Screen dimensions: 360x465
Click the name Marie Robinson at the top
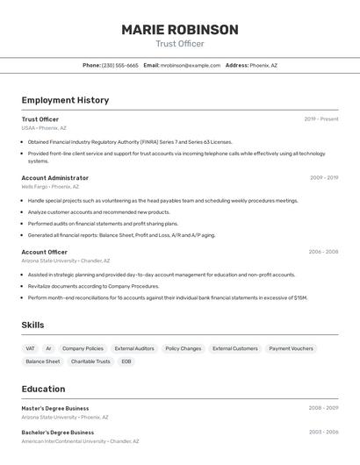pyautogui.click(x=180, y=30)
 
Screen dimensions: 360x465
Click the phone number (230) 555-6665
pyautogui.click(x=120, y=65)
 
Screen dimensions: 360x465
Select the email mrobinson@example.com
pyautogui.click(x=191, y=65)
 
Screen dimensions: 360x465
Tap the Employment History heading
pyautogui.click(x=65, y=100)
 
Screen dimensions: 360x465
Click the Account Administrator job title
pyautogui.click(x=55, y=177)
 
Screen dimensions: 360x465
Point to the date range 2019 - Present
pyautogui.click(x=321, y=119)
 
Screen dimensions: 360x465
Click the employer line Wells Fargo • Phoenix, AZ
pyautogui.click(x=50, y=187)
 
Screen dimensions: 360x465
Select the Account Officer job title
pyautogui.click(x=44, y=252)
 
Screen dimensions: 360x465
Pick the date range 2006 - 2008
pyautogui.click(x=323, y=252)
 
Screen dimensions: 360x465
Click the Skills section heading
pyautogui.click(x=33, y=325)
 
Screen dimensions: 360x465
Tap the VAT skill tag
pyautogui.click(x=31, y=348)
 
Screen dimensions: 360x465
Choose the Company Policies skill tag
pyautogui.click(x=83, y=348)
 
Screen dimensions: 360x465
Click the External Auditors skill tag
pyautogui.click(x=134, y=348)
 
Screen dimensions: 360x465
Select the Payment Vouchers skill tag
pyautogui.click(x=291, y=348)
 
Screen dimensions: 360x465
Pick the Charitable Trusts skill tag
pyautogui.click(x=90, y=361)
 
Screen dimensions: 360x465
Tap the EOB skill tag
pyautogui.click(x=126, y=361)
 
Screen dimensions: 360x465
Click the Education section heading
pyautogui.click(x=43, y=389)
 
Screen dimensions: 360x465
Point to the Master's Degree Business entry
pyautogui.click(x=55, y=408)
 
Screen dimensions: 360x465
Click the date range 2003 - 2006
pyautogui.click(x=323, y=432)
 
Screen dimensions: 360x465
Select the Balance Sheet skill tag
pyautogui.click(x=43, y=361)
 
